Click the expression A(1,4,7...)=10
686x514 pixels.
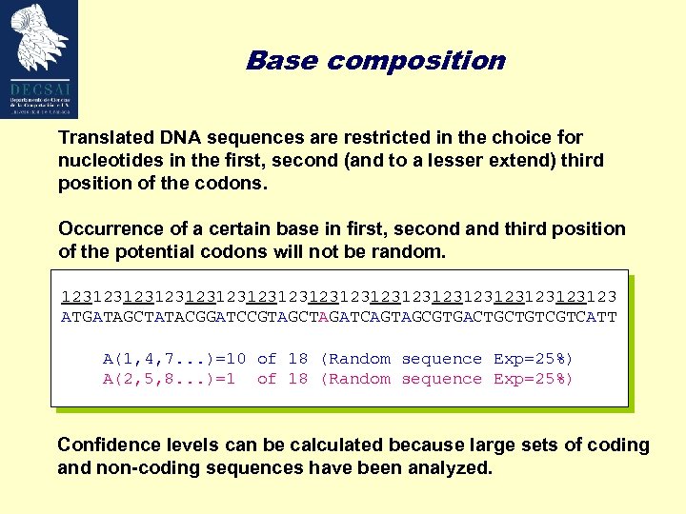[x=174, y=359]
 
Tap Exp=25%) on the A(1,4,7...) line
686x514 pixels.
[x=534, y=359]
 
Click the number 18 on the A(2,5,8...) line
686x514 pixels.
[x=298, y=379]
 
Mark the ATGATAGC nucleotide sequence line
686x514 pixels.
[x=338, y=316]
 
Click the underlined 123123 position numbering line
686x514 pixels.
[x=338, y=296]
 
